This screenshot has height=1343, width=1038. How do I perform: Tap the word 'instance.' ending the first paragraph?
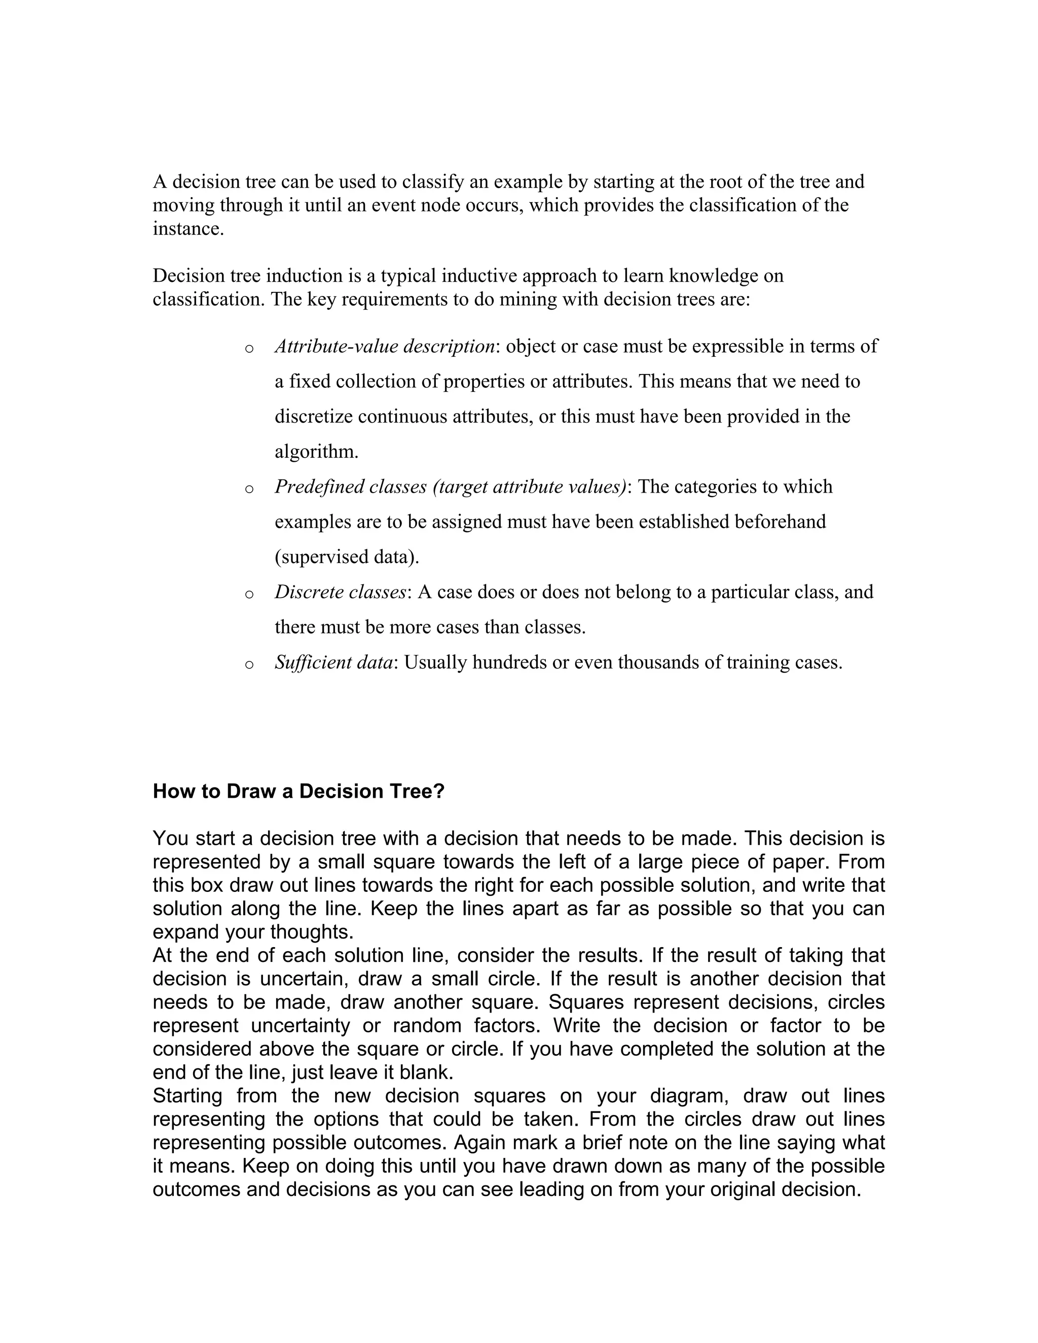[188, 229]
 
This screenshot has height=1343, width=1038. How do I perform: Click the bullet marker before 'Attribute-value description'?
[249, 349]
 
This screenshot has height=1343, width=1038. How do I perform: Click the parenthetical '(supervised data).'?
[347, 556]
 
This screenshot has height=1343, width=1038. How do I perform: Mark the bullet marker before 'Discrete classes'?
[249, 594]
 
